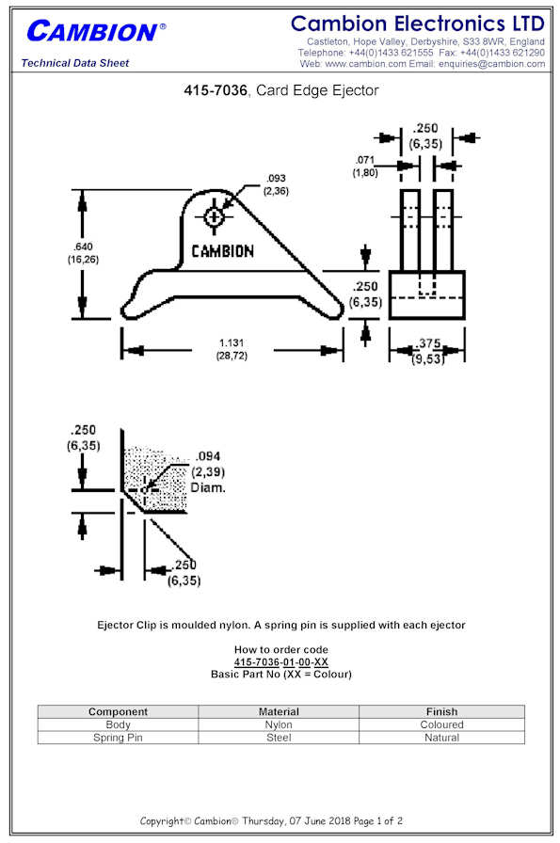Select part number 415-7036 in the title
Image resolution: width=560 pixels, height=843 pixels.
pos(216,90)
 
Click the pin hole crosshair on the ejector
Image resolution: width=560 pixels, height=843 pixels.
pos(214,217)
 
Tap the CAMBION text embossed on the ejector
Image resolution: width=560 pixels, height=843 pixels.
pos(223,251)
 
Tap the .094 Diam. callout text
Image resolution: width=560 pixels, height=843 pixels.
pos(208,472)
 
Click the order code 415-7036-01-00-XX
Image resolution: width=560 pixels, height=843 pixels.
pos(280,661)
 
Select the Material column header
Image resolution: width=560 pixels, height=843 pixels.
pos(279,711)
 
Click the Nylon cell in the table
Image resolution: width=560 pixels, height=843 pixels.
pos(279,724)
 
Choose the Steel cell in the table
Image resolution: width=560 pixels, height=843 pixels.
pos(279,738)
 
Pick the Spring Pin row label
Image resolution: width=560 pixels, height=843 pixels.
pos(118,738)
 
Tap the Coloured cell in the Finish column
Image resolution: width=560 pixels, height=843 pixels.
pos(441,724)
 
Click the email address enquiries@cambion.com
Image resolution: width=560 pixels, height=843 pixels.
pos(491,63)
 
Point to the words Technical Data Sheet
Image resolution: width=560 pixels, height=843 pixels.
pos(75,63)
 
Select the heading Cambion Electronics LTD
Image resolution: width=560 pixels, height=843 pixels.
pos(418,24)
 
